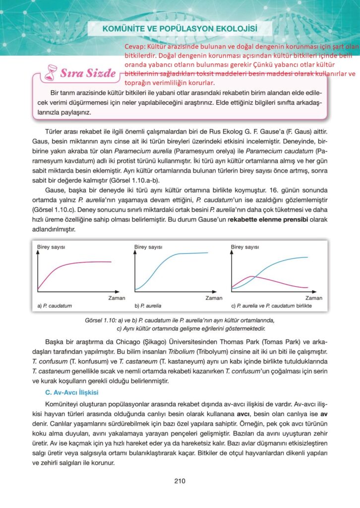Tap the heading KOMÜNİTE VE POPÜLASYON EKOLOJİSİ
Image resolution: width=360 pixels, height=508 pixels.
[x=180, y=28]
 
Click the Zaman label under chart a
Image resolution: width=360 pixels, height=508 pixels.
[x=117, y=298]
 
